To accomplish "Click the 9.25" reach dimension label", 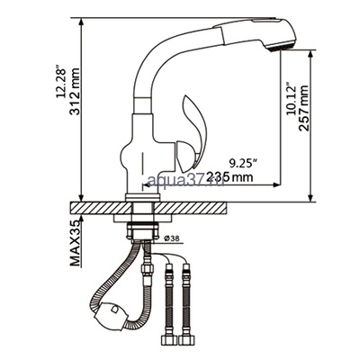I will pyautogui.click(x=242, y=163).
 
